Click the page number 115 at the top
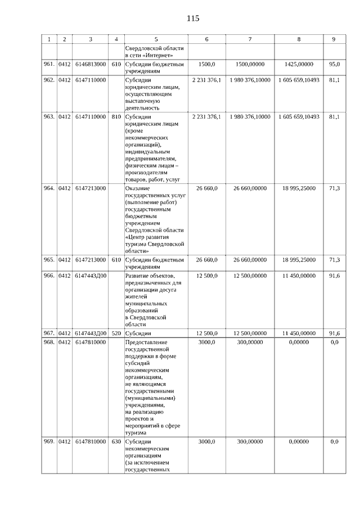192,18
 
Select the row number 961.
49,65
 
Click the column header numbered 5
156,39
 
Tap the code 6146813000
90,65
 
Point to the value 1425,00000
299,65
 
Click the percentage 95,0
334,65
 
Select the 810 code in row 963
116,117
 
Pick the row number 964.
49,188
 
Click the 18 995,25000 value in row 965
299,260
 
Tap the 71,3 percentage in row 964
334,188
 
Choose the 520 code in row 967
116,334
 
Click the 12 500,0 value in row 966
207,275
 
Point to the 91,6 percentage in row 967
334,334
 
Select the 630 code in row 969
116,442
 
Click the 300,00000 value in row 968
250,341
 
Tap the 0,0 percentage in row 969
334,442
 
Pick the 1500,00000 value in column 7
250,65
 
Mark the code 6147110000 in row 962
90,80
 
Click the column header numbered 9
334,39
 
